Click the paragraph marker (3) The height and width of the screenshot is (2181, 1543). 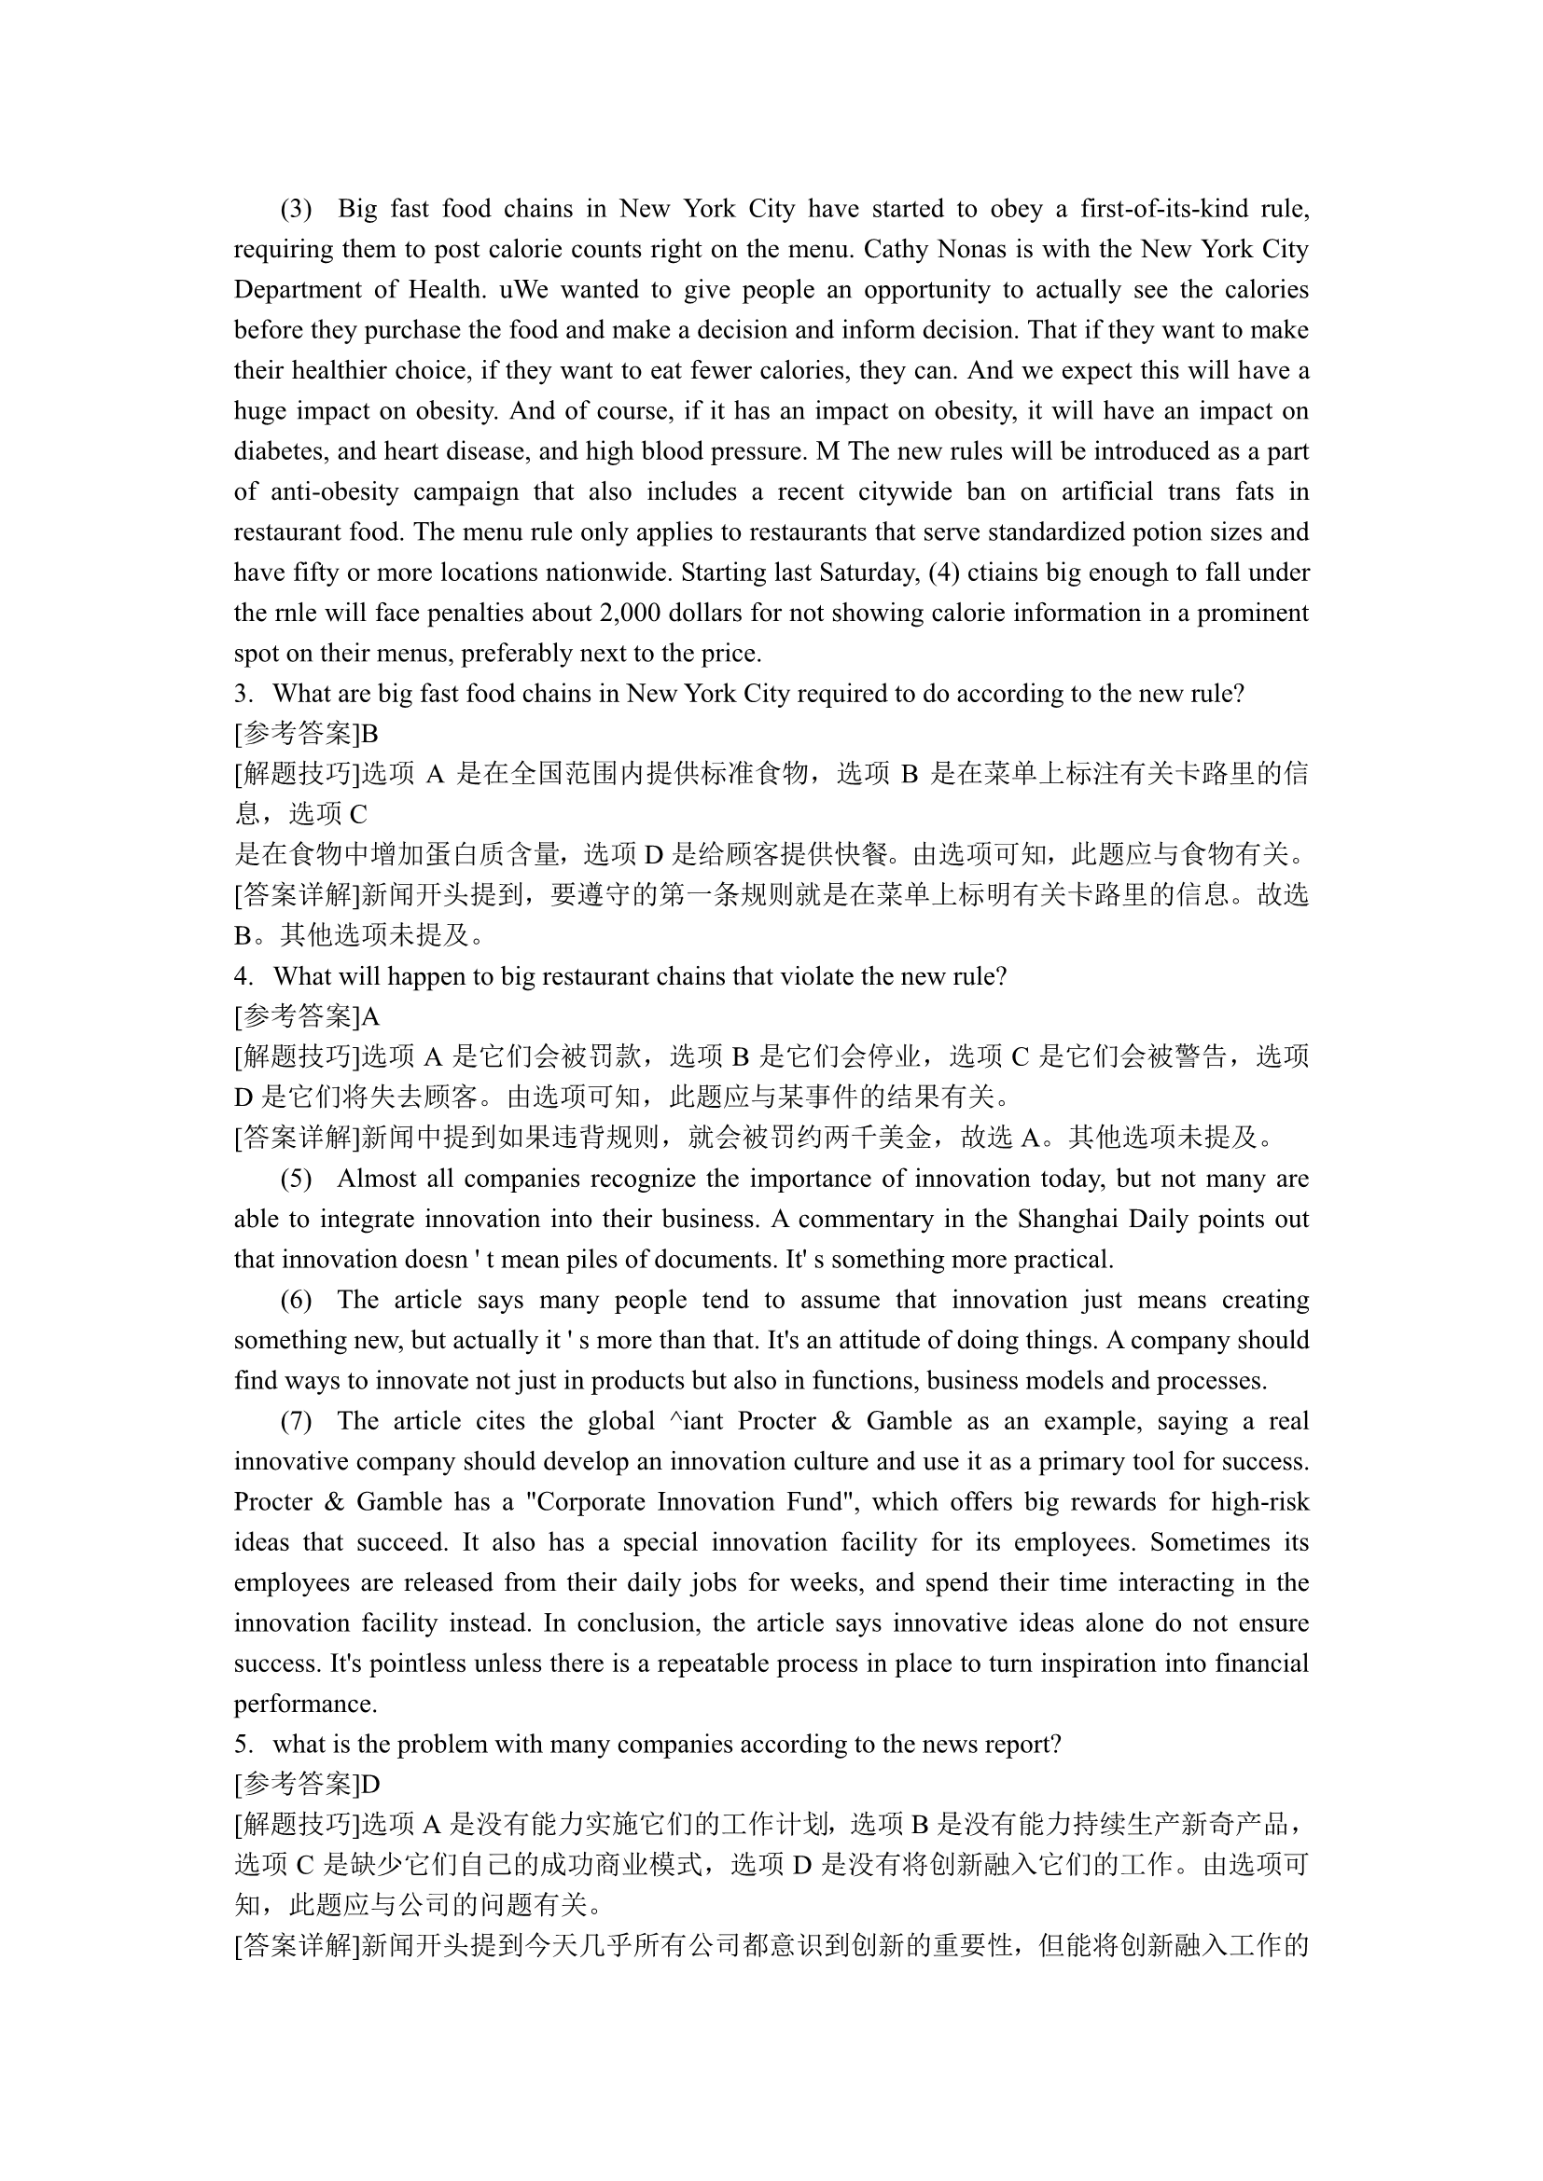[x=296, y=209]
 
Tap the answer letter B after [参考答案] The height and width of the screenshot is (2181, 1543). [x=369, y=734]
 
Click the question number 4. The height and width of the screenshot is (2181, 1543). [x=243, y=976]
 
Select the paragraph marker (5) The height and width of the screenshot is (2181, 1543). [x=296, y=1179]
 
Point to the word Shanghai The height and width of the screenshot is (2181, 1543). [x=1068, y=1219]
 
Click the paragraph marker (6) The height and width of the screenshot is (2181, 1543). [x=296, y=1300]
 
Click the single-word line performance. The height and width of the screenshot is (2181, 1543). [x=305, y=1705]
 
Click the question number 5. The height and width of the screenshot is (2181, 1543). [x=243, y=1745]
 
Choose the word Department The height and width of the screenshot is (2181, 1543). [x=295, y=290]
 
